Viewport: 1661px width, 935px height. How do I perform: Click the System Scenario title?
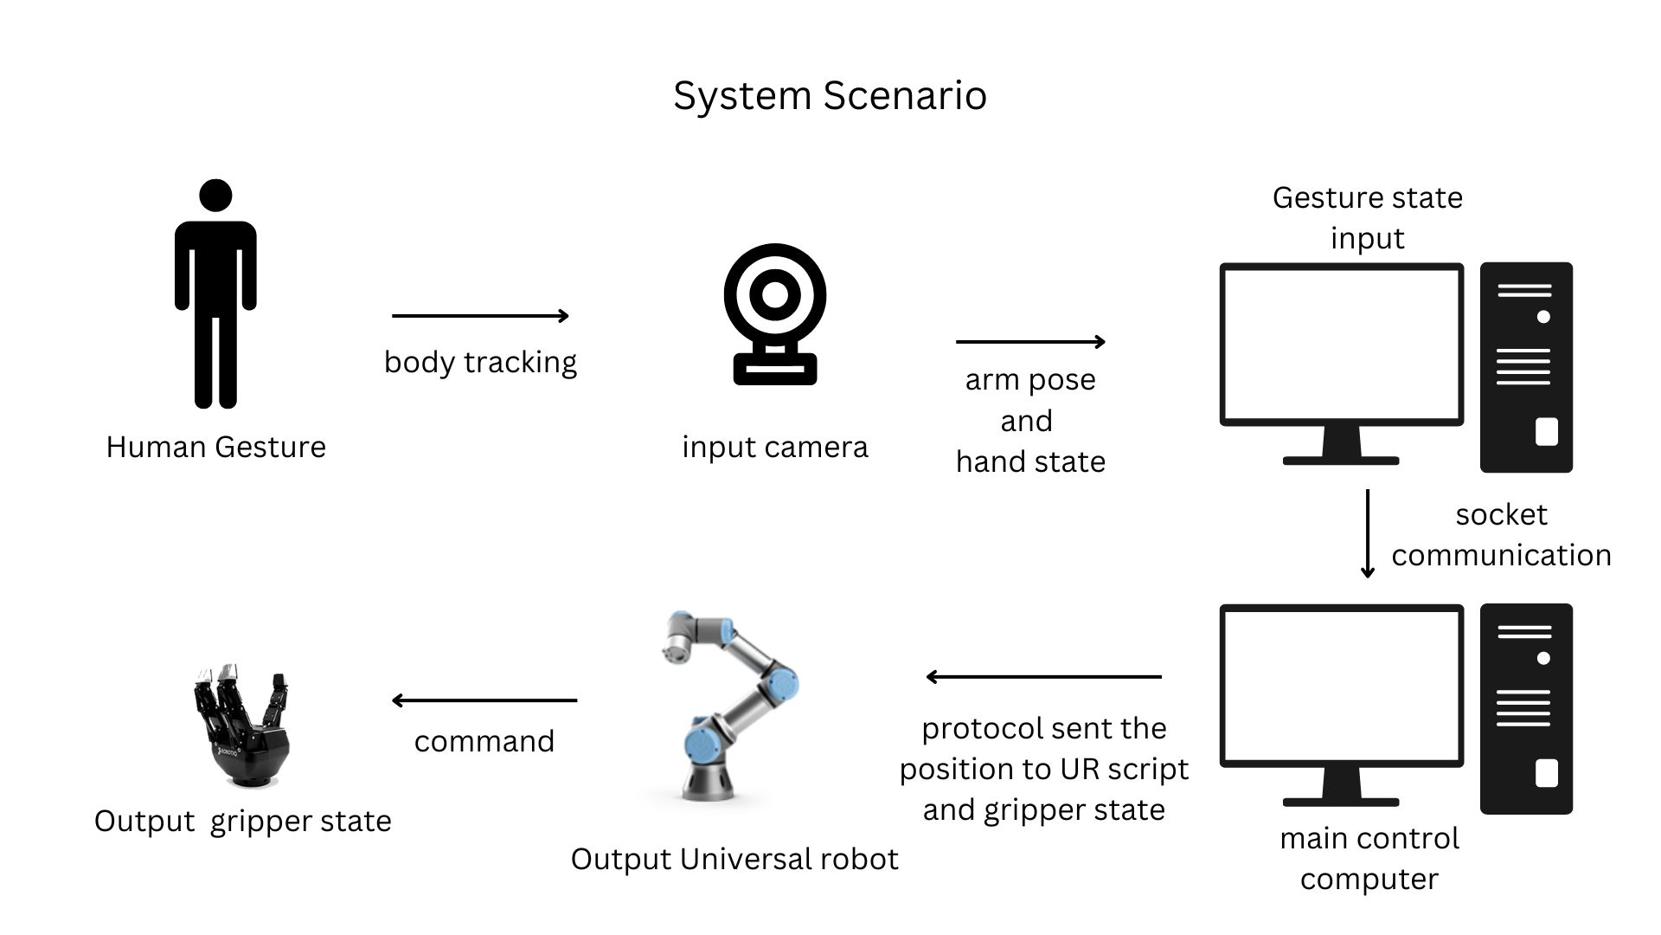[830, 95]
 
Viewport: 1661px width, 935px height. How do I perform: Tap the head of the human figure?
[215, 195]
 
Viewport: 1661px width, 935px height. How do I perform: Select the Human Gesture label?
[215, 447]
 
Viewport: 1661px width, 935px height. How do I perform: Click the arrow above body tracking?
[480, 316]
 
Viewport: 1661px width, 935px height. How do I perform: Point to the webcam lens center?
[775, 295]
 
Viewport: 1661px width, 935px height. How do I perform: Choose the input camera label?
[774, 447]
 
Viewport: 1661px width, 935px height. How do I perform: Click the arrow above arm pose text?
[1030, 342]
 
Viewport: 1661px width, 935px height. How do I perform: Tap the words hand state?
[1030, 461]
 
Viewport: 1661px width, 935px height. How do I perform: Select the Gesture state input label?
[1367, 217]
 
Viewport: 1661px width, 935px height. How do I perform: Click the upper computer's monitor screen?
[1341, 344]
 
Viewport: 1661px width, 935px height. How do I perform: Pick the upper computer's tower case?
[1526, 367]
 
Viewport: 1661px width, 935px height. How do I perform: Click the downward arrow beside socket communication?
[1367, 533]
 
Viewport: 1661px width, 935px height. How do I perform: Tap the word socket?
[1501, 514]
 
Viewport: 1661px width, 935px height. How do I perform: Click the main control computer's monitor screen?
[1341, 685]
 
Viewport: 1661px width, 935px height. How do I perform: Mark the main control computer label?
[1369, 858]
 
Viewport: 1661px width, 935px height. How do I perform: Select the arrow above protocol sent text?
[1043, 677]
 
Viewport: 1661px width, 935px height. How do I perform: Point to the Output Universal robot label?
[734, 859]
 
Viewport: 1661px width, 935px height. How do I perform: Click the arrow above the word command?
[484, 700]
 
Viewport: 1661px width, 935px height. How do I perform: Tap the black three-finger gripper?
[241, 727]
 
